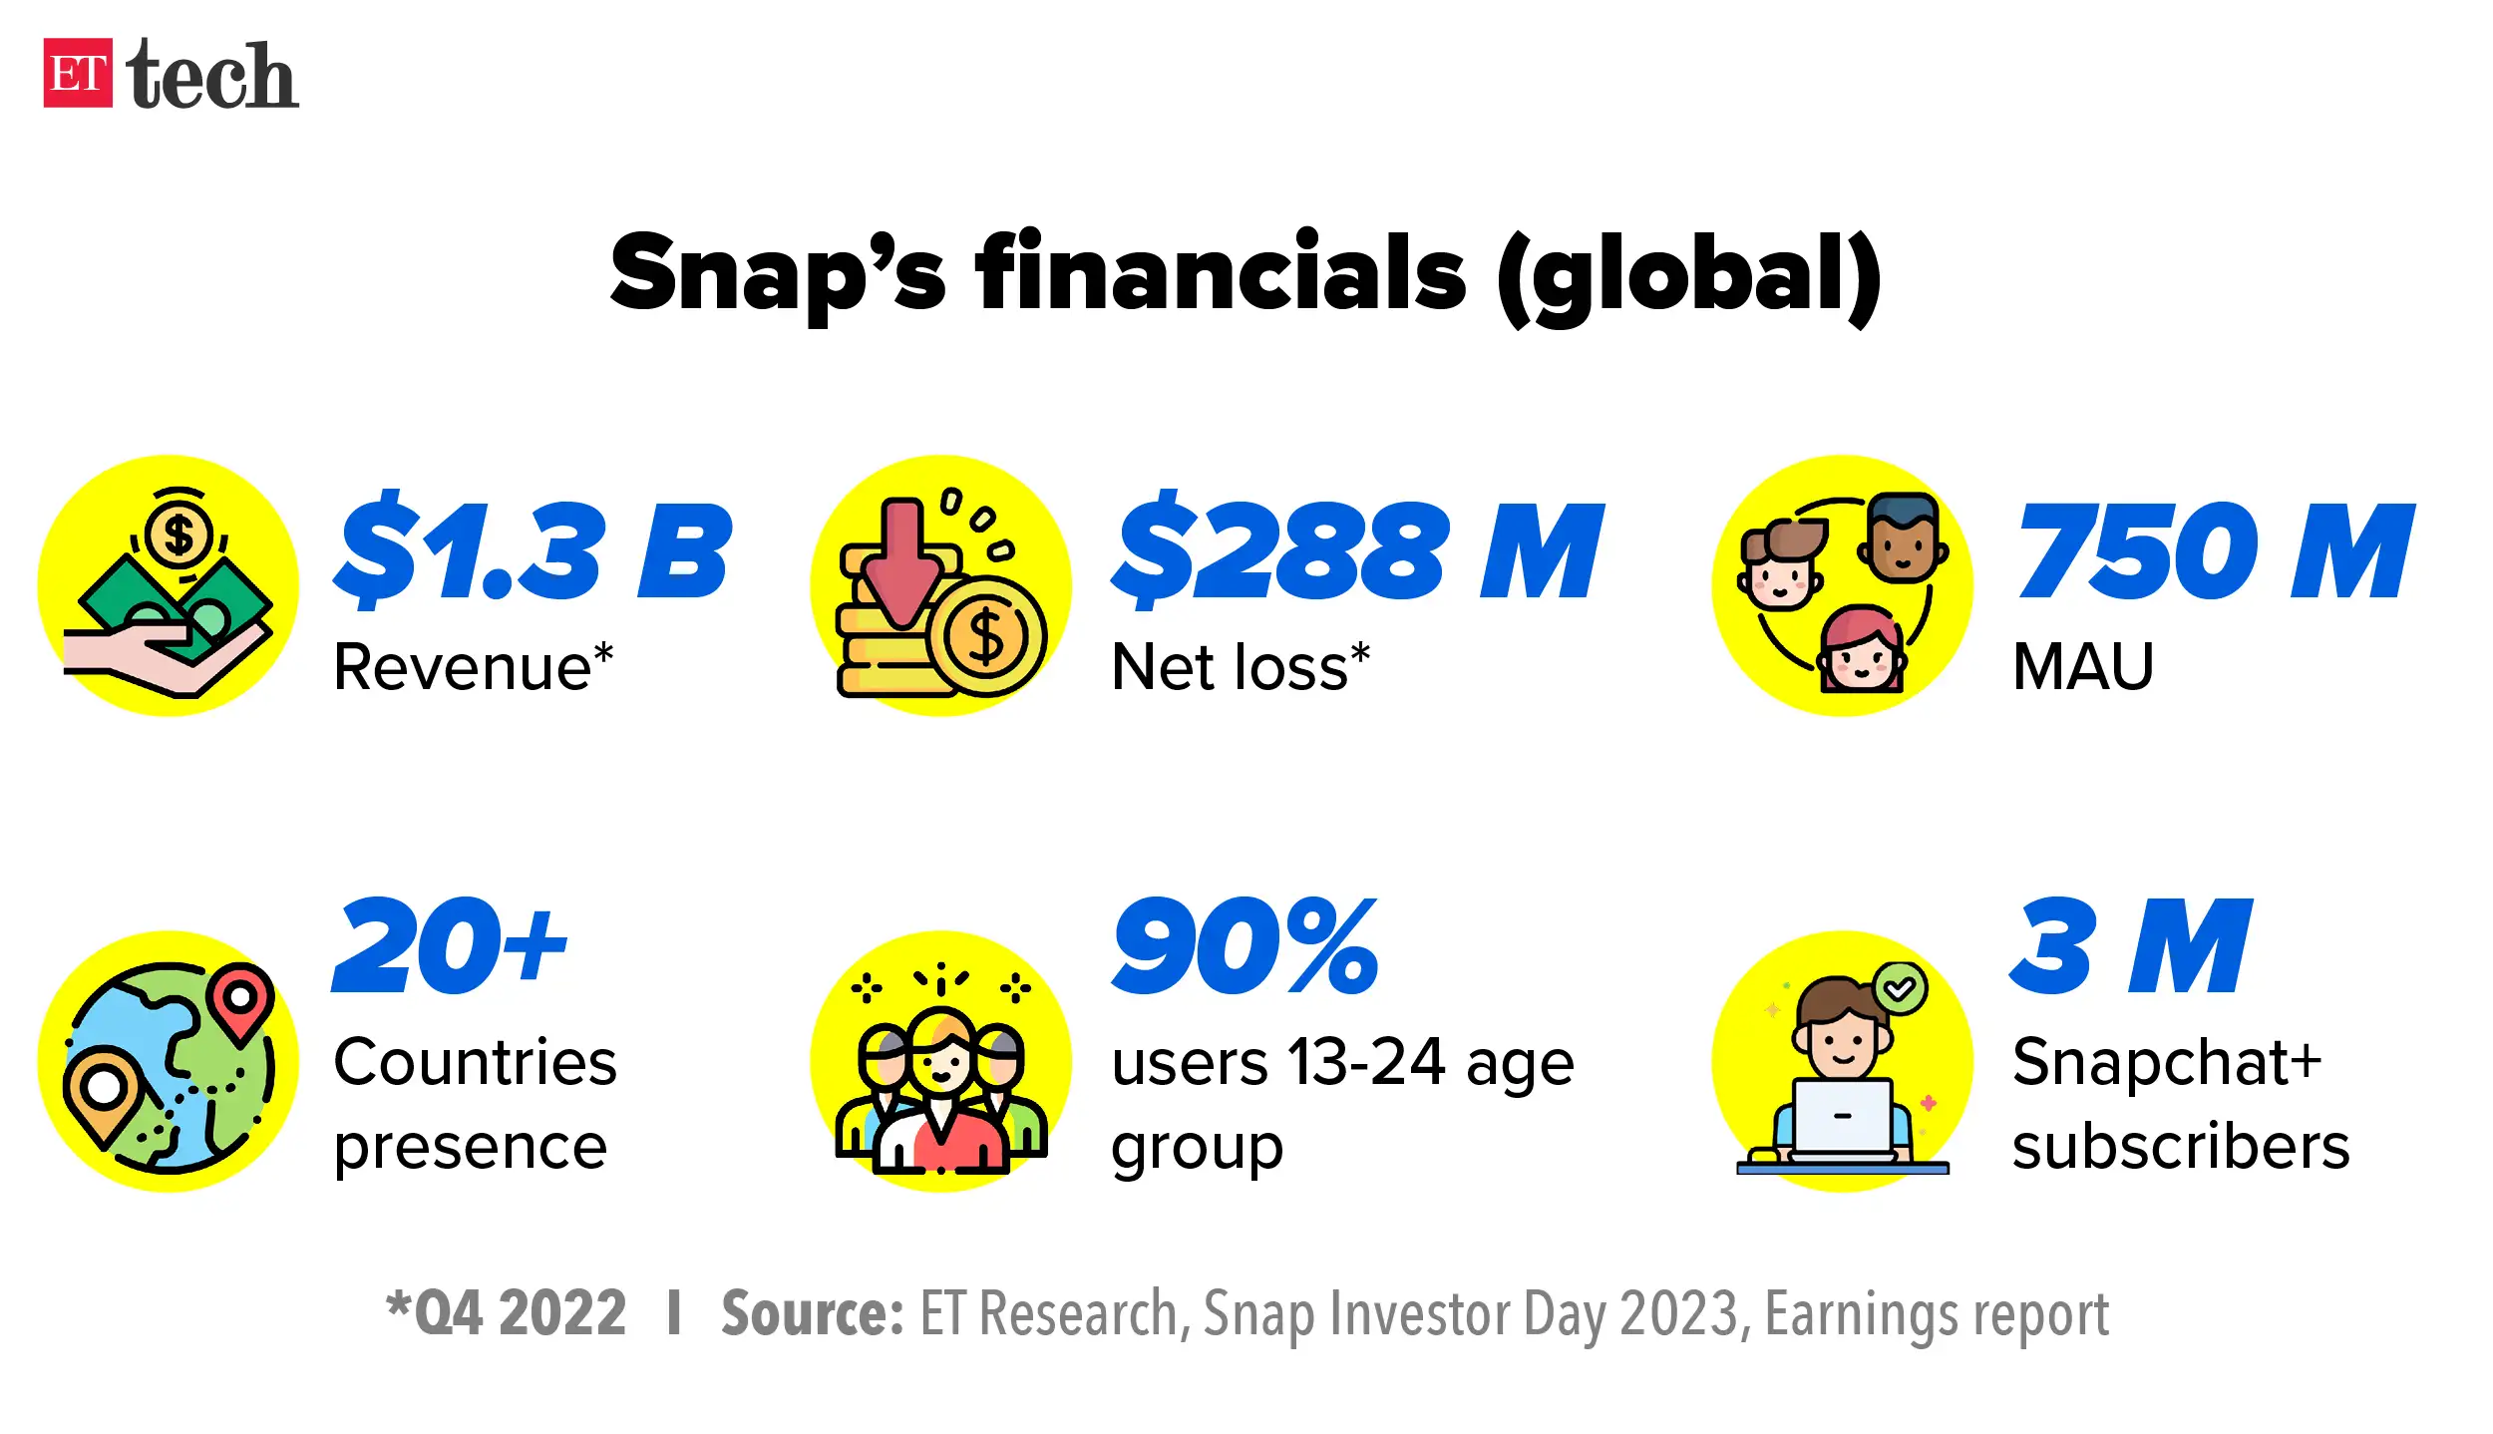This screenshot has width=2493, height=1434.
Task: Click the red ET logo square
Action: (x=78, y=73)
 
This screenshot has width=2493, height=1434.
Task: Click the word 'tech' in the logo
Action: (x=211, y=75)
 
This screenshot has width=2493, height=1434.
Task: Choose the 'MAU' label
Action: (x=2083, y=666)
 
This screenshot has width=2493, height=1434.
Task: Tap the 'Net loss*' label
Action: (x=1241, y=666)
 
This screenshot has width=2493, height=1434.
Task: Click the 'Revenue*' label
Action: (x=473, y=666)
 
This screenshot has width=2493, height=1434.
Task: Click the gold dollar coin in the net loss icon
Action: (x=986, y=636)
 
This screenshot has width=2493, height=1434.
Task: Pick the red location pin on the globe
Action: (x=240, y=998)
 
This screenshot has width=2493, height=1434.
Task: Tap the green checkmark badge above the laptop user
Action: (x=1900, y=988)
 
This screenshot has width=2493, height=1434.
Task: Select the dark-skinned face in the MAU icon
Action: (x=1903, y=539)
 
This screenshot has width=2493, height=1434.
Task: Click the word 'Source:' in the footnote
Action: (x=812, y=1313)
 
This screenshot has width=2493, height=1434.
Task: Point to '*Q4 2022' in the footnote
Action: (x=507, y=1313)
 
